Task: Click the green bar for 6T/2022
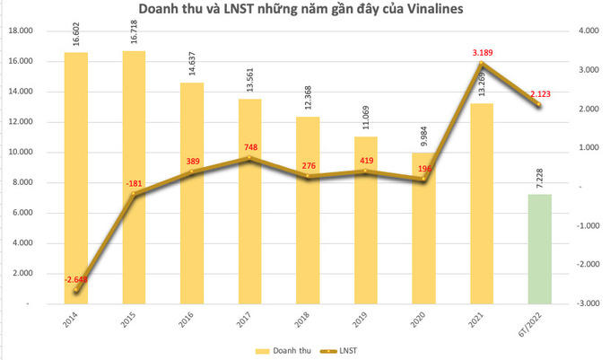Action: point(539,249)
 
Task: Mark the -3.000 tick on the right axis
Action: point(585,303)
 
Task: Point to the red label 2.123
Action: point(541,93)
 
